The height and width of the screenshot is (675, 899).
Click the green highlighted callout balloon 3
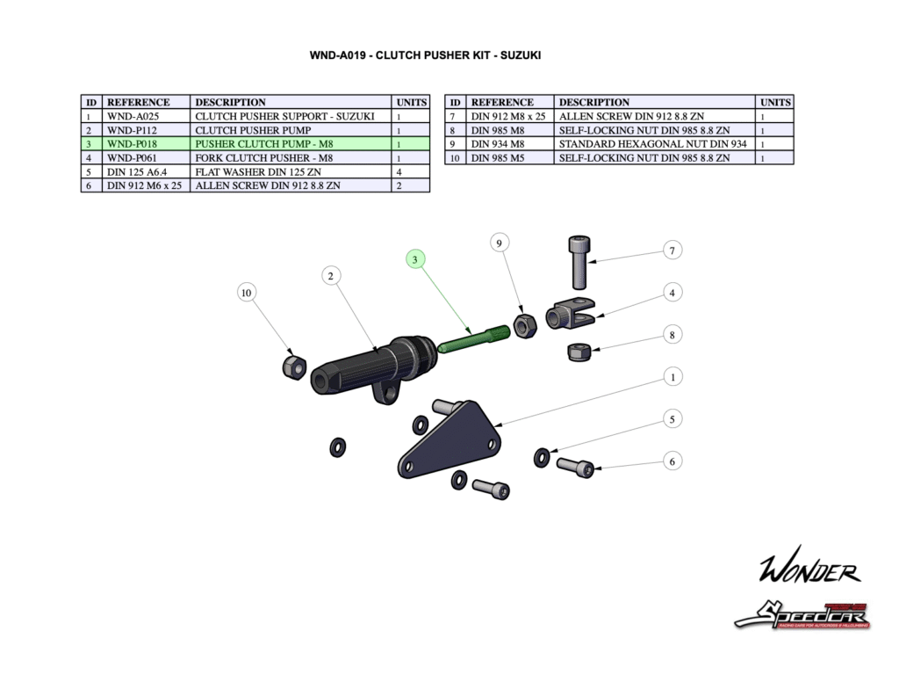[x=415, y=259]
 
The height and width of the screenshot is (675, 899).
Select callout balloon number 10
[x=247, y=293]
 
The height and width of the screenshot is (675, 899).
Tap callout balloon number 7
[x=672, y=250]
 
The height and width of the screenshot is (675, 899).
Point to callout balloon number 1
[x=672, y=377]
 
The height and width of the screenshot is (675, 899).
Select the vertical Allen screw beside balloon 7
[x=580, y=261]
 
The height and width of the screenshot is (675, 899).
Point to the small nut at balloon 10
[x=293, y=365]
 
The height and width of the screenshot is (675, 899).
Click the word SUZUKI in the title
[x=521, y=55]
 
